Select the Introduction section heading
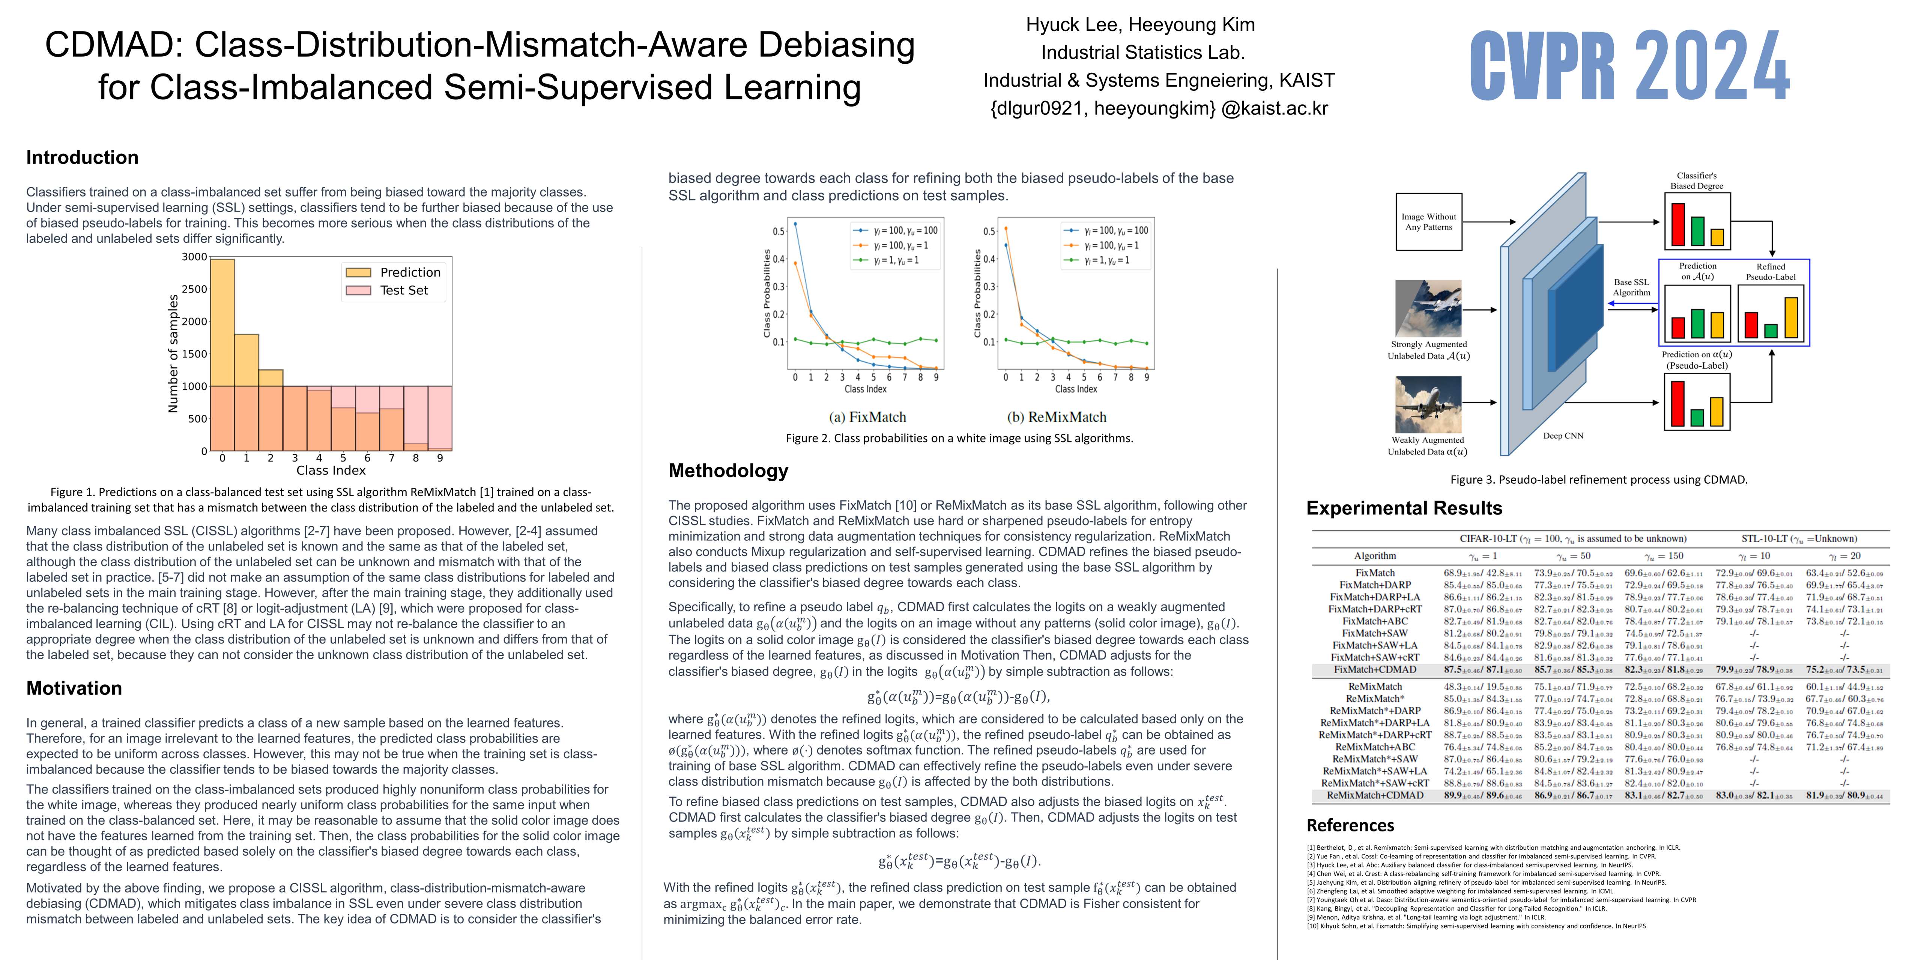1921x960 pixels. pos(82,157)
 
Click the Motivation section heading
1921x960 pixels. pos(74,688)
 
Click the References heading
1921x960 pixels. pos(1350,825)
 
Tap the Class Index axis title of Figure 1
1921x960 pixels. pos(330,470)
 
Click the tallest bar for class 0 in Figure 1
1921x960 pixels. pos(222,321)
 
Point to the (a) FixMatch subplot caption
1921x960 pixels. pos(867,417)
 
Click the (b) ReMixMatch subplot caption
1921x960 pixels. pos(1067,417)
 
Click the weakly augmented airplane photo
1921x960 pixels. pos(1428,405)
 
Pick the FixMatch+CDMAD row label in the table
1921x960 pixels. pos(1374,669)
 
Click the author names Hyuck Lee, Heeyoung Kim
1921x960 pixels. pos(1140,25)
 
